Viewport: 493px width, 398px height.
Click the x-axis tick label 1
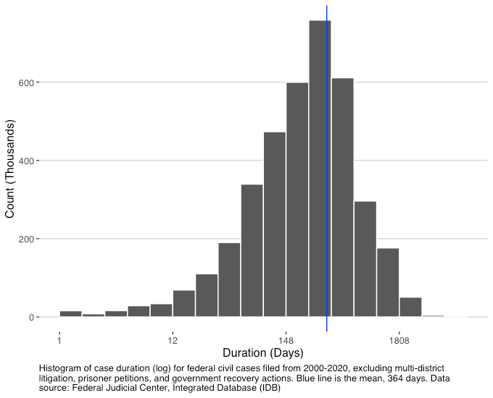point(59,340)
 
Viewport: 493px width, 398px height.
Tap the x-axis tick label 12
point(173,340)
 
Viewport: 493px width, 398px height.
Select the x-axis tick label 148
point(286,340)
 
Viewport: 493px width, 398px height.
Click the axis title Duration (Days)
point(262,354)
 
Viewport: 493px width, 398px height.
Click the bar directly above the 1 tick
point(70,314)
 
